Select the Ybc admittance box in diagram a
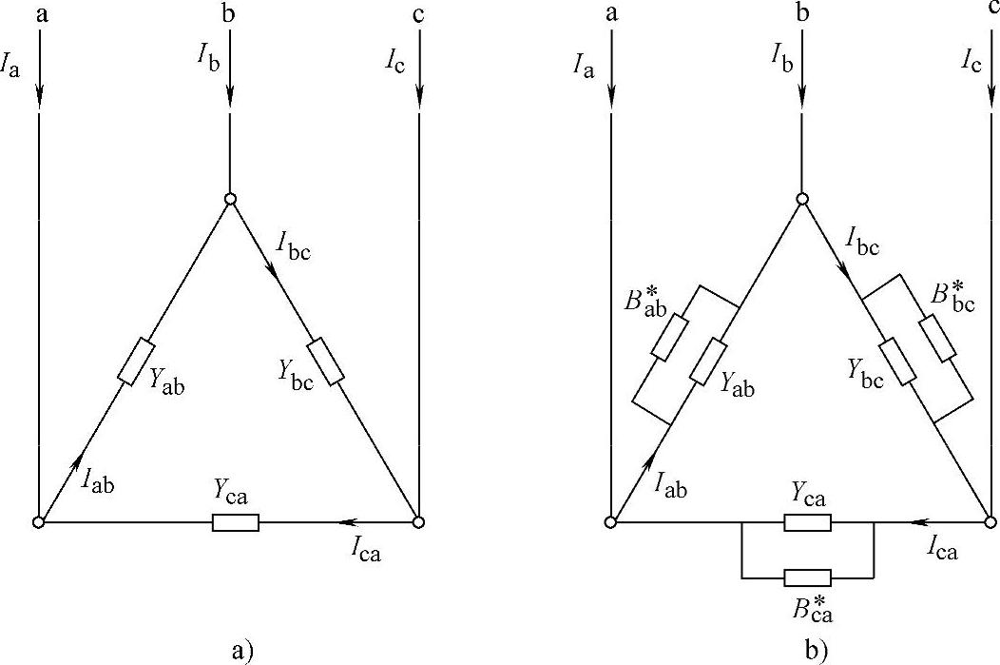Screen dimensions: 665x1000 [325, 362]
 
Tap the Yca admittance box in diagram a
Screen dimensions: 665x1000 [235, 522]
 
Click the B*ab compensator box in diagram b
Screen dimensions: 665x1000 [667, 337]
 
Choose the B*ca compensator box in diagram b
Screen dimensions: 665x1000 [807, 577]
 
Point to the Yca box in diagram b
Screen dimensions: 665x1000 [807, 522]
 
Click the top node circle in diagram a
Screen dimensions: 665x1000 [229, 199]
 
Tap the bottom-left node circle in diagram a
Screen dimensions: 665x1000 [39, 522]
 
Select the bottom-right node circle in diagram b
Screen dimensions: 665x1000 [991, 522]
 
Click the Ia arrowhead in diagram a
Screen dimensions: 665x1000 [39, 96]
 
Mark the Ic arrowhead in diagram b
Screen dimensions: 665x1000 [991, 96]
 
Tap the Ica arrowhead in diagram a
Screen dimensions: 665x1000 [346, 522]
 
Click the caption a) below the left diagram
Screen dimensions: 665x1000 [242, 651]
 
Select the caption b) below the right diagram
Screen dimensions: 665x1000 [816, 651]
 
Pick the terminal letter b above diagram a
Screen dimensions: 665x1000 [229, 14]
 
